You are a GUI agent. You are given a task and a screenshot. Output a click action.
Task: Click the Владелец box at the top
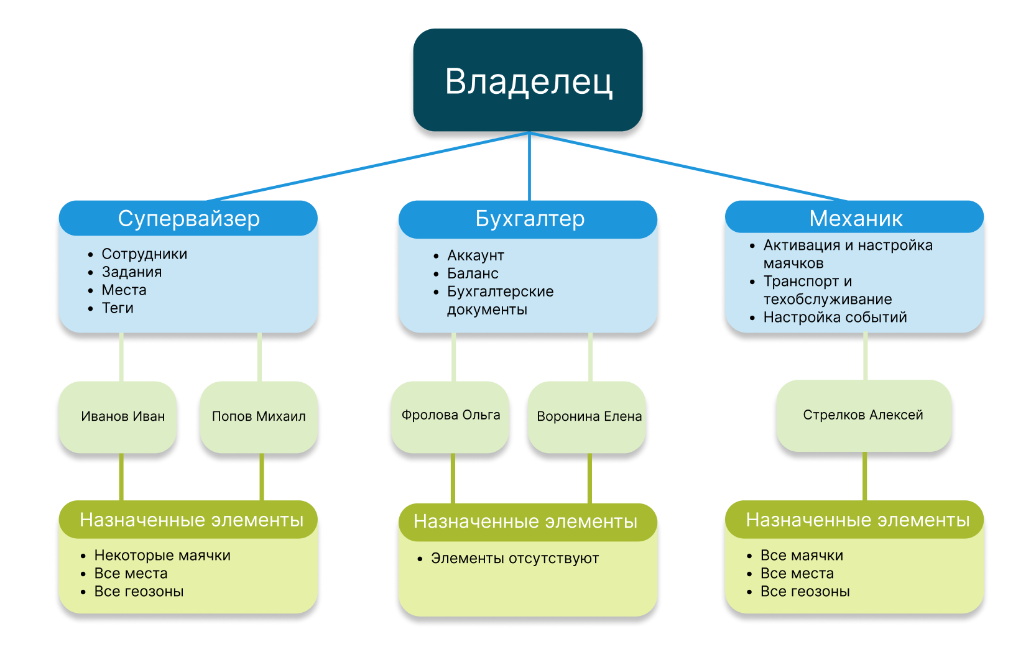pos(528,80)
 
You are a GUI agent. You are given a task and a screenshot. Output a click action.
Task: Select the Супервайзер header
pos(188,218)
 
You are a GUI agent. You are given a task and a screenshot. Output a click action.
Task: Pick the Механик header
pos(855,218)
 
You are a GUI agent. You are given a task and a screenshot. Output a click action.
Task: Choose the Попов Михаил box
pos(259,416)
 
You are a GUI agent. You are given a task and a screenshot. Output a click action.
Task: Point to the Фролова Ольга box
pos(450,415)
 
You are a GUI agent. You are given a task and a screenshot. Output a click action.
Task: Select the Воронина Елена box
pos(588,416)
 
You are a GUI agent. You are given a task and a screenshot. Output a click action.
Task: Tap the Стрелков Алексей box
pos(863,415)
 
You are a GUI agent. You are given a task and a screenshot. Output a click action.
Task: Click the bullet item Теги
pos(118,308)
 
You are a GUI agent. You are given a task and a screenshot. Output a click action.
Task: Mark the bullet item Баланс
pos(473,273)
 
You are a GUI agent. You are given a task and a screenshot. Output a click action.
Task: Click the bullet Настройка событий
pos(835,318)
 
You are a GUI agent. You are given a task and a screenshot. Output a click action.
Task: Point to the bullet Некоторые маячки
pos(162,556)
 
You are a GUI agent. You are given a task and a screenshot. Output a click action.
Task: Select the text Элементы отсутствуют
pos(514,559)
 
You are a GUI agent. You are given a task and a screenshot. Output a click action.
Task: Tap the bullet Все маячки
pos(802,556)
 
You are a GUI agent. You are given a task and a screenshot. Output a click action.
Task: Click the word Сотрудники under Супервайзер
pos(144,254)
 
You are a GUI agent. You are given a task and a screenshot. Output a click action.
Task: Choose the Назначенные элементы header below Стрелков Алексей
pos(857,520)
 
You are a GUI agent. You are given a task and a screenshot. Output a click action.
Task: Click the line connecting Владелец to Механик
pos(689,167)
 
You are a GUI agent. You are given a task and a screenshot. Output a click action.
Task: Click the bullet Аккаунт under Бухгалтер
pos(475,255)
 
